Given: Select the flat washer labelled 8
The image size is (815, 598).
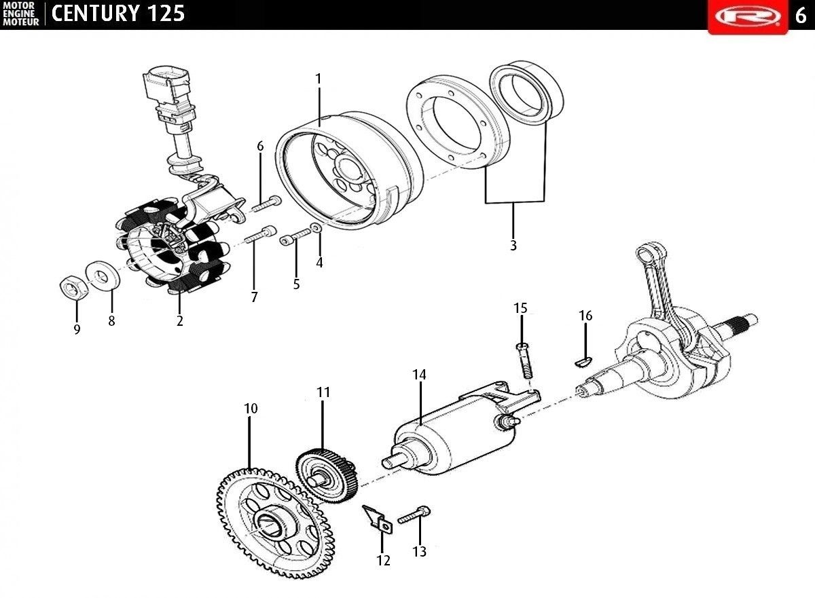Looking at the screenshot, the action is pos(103,274).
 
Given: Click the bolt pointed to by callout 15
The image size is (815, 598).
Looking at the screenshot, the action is pos(524,360).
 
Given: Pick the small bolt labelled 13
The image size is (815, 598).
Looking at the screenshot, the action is pos(414,515).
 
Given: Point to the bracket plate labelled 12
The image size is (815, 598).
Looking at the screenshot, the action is pos(378,519).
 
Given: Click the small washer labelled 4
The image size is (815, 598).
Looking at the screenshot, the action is pos(315,228).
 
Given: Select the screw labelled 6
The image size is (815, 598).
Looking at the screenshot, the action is pos(266,204).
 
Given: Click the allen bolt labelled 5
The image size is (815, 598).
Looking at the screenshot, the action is pos(295,236).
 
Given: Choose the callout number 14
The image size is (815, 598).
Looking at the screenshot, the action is pos(419,375).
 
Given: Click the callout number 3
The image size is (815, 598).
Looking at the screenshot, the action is pos(513,246).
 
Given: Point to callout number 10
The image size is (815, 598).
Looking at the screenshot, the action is pos(251,409).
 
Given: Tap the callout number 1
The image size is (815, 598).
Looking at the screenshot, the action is pos(319,79).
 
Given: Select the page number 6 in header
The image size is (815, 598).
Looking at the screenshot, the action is pos(801,16).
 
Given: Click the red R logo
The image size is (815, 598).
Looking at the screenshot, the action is pos(748,17).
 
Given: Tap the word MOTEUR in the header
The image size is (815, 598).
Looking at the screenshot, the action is pos(21,22).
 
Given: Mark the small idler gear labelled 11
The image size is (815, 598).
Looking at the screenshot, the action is pos(327,476).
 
